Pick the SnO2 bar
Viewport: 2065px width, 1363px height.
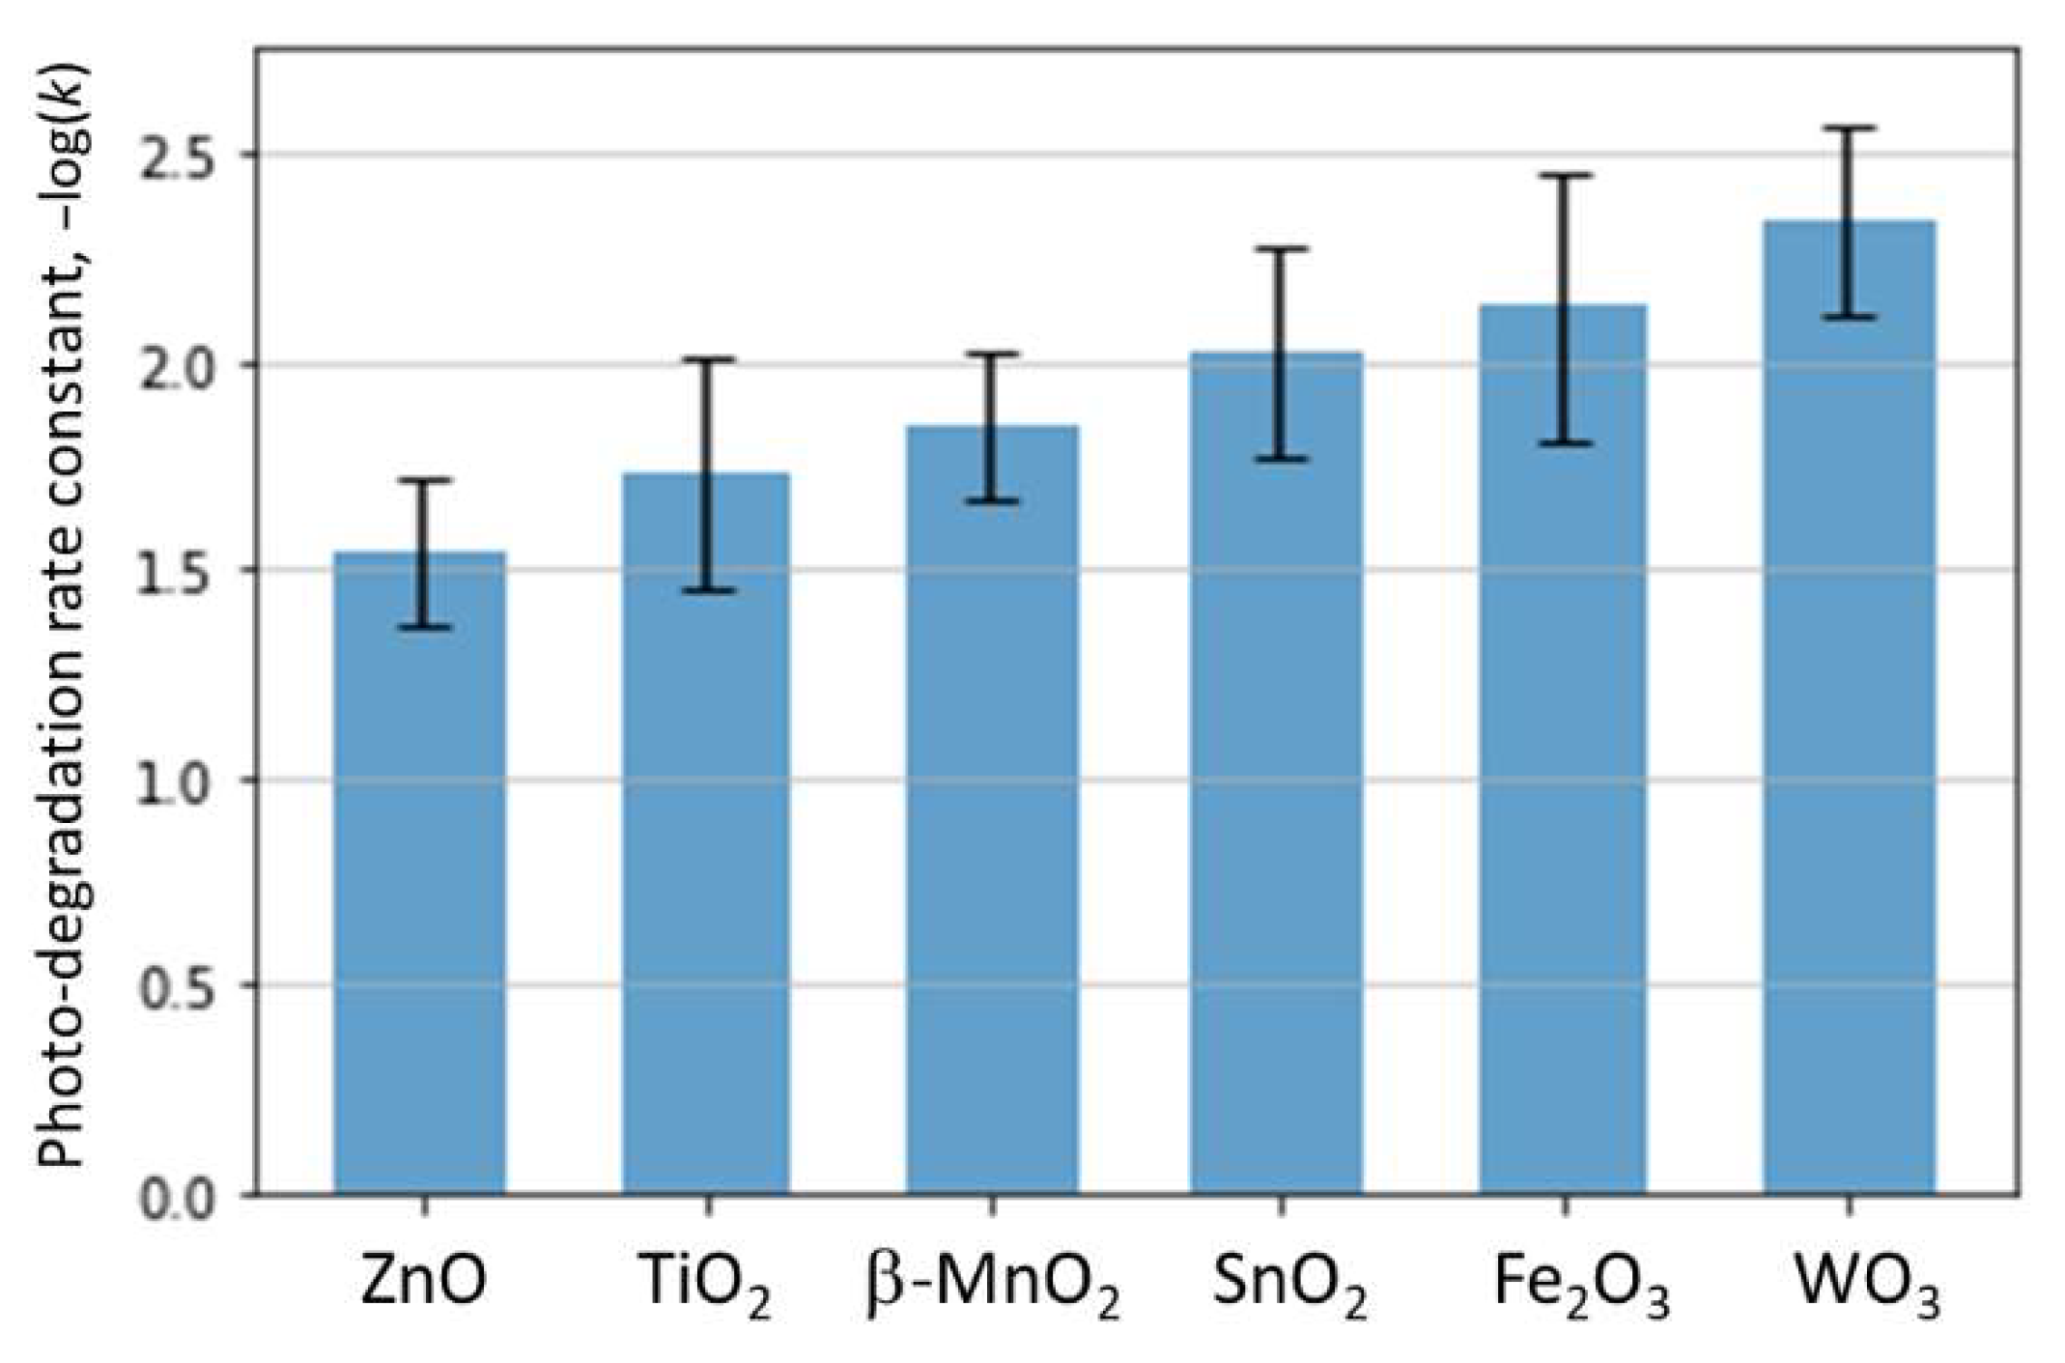pyautogui.click(x=1277, y=773)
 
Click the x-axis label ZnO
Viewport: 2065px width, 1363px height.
pyautogui.click(x=423, y=1281)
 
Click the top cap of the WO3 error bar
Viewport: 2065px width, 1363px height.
pyautogui.click(x=1849, y=128)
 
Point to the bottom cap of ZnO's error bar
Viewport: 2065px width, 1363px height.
pyautogui.click(x=424, y=628)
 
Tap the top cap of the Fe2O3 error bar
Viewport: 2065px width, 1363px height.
pyautogui.click(x=1564, y=176)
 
